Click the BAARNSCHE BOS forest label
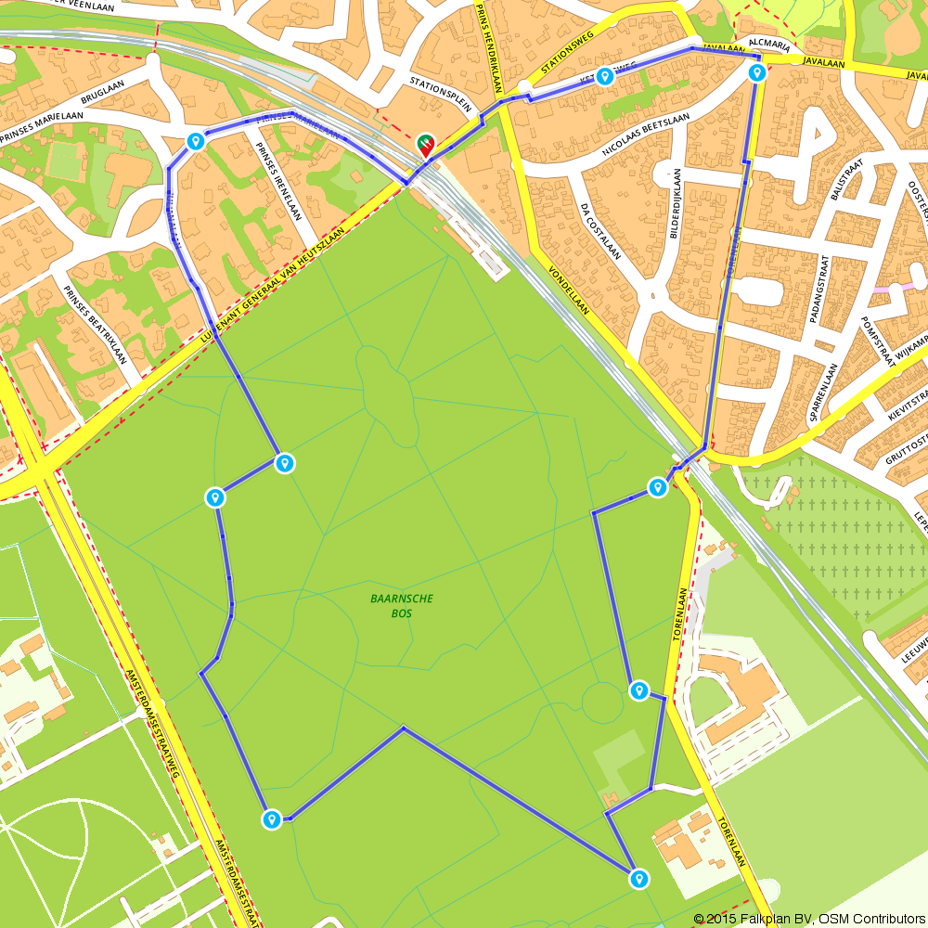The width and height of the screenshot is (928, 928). click(402, 606)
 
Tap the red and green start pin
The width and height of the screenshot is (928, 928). click(427, 144)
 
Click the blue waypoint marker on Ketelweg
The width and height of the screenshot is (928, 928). click(605, 76)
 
